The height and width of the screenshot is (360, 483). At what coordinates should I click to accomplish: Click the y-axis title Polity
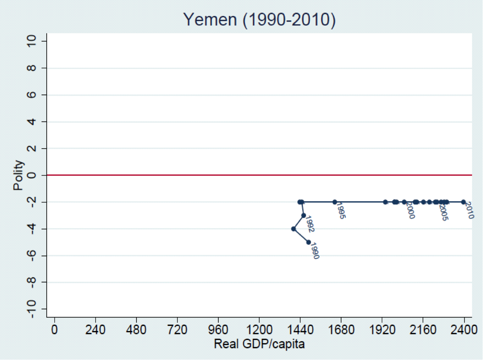[x=18, y=175]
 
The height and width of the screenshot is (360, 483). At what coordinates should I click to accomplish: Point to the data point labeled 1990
[x=309, y=242]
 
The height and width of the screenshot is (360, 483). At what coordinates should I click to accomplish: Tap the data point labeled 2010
[x=463, y=202]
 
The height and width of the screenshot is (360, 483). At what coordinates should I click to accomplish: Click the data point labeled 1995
[x=335, y=202]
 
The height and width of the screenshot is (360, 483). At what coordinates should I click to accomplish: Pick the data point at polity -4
[x=294, y=229]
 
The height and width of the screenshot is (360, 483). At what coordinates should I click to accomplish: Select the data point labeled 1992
[x=303, y=215]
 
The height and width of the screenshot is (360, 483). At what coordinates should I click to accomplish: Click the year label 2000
[x=410, y=211]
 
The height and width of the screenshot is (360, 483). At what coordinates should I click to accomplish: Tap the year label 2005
[x=443, y=212]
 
